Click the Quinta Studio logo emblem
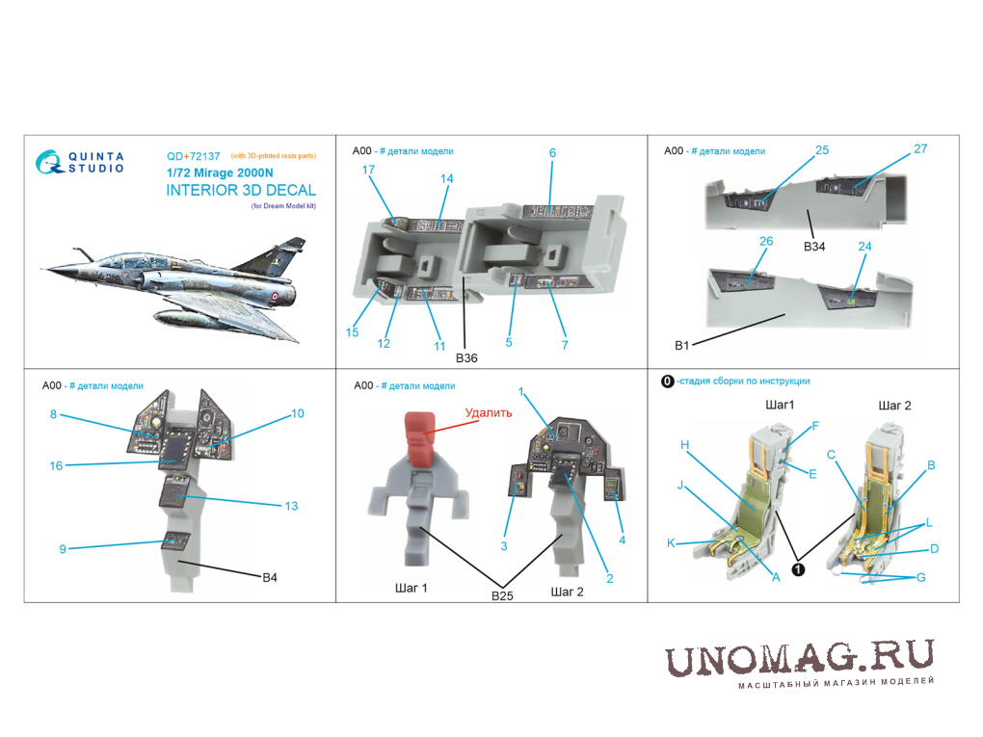[49, 162]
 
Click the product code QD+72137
[193, 156]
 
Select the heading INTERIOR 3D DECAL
[241, 190]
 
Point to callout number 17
[368, 170]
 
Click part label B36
[466, 357]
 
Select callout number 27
[920, 148]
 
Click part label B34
[814, 247]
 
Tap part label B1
[681, 345]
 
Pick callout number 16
[56, 465]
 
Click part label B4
[270, 577]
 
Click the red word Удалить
[489, 412]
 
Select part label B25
[502, 595]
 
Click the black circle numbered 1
[798, 569]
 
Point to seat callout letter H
[684, 444]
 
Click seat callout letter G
[921, 577]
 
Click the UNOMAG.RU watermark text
[800, 659]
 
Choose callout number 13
[291, 506]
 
